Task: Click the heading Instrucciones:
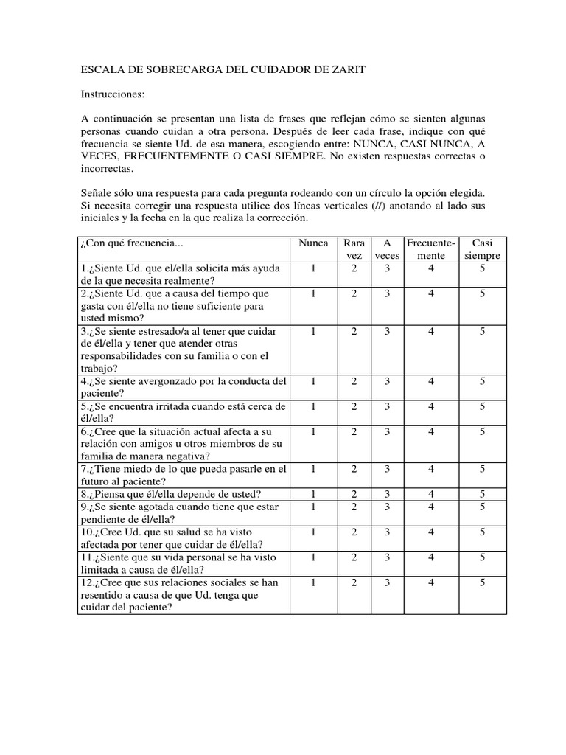(113, 94)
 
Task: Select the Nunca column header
(312, 243)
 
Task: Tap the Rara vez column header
(354, 248)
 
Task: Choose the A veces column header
(387, 248)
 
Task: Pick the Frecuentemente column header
(431, 248)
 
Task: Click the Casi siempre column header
(482, 248)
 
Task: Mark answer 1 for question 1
(312, 269)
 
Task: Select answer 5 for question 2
(482, 293)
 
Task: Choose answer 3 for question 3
(387, 332)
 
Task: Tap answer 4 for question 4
(431, 381)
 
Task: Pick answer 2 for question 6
(354, 431)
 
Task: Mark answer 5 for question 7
(482, 469)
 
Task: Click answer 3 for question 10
(387, 532)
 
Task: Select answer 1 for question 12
(312, 582)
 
